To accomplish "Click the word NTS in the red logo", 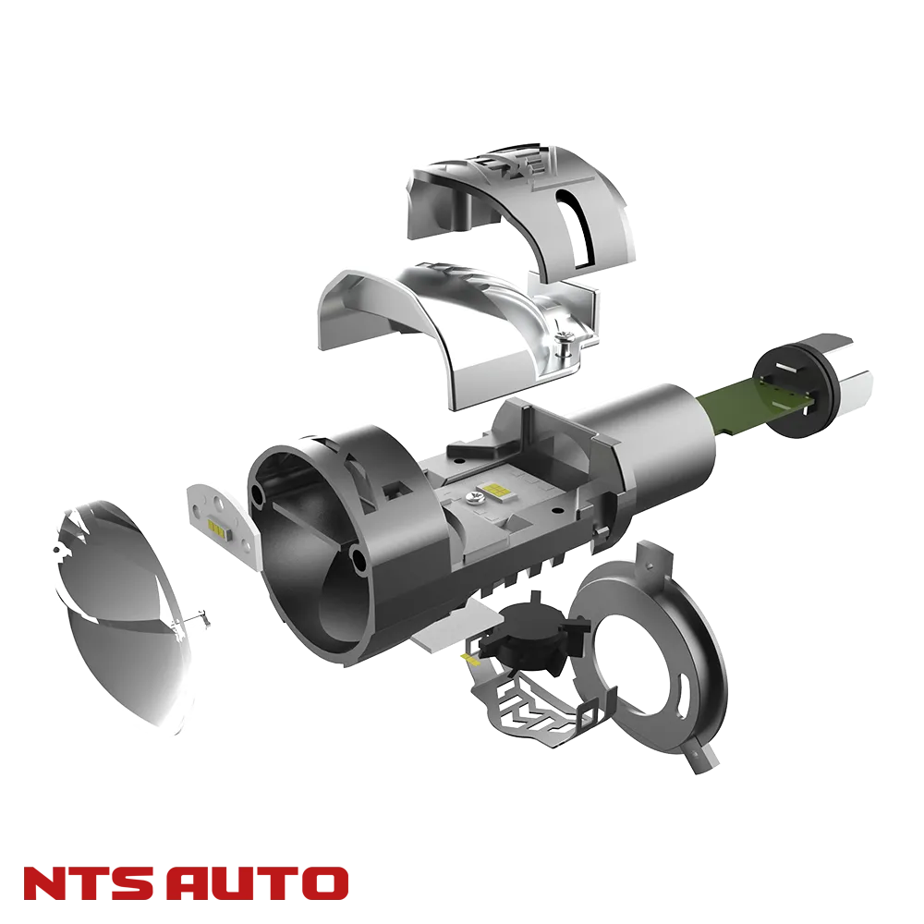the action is coord(89,882).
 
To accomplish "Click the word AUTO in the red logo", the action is coord(258,882).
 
